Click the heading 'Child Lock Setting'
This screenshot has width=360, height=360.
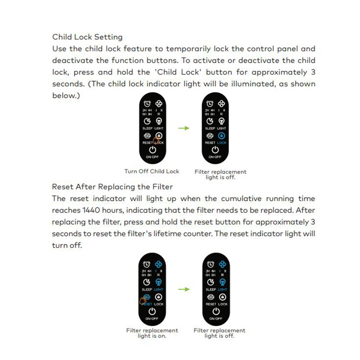coord(87,37)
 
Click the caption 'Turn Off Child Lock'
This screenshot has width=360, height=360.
coord(152,171)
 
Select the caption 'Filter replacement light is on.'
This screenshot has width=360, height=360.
coord(152,333)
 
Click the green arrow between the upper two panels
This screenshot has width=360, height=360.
coord(184,128)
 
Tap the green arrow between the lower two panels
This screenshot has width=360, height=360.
coord(184,289)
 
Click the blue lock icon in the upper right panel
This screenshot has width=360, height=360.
coord(221,135)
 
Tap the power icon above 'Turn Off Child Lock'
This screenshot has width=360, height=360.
coord(152,149)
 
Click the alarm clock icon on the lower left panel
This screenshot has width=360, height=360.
coord(146,265)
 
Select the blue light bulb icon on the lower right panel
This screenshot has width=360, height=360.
coord(222,282)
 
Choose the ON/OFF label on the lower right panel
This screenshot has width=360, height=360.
coord(216,318)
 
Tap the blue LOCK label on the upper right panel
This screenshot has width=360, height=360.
coord(221,143)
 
